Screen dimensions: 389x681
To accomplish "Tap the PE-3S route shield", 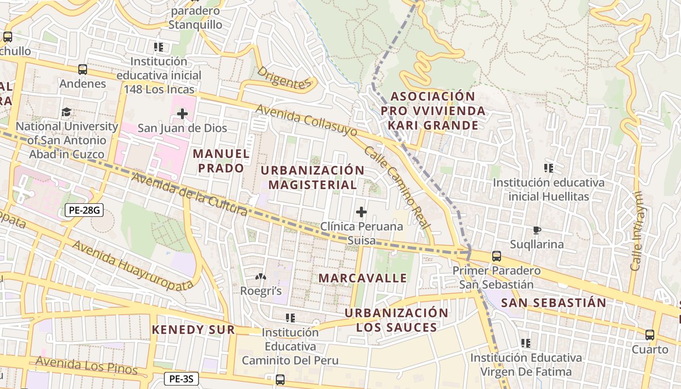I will coord(181,379).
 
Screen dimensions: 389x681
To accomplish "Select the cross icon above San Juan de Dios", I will coord(182,114).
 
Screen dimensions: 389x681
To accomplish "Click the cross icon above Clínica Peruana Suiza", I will coord(361,212).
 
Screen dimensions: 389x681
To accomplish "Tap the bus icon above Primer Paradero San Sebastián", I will coord(497,256).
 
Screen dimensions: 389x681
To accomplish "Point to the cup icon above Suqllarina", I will coord(537,230).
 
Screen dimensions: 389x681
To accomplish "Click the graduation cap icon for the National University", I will coord(66,112).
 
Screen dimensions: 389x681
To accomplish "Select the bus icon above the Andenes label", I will coord(83,70).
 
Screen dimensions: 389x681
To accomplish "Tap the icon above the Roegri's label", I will coord(261,277).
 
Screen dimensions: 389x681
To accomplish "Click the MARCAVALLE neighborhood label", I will coord(362,278).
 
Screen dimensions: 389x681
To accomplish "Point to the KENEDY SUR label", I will coord(193,330).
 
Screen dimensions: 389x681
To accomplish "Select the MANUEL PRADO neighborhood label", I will coord(221,161).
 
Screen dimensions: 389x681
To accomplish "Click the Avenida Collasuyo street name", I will coord(306,120).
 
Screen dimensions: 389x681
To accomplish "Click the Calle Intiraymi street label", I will coord(637,231).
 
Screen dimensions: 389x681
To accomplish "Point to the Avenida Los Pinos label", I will coord(87,366).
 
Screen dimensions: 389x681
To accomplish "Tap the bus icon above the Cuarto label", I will coord(650,335).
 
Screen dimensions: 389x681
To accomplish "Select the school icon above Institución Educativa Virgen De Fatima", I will coord(526,343).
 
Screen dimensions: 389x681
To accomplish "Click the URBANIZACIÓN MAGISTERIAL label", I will coord(312,177).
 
